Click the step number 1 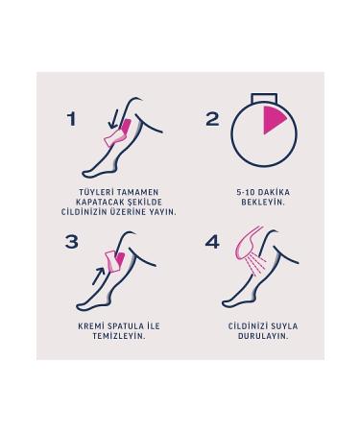pyautogui.click(x=71, y=120)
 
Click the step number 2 pyautogui.click(x=213, y=119)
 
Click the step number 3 pyautogui.click(x=72, y=242)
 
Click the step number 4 pyautogui.click(x=213, y=242)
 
